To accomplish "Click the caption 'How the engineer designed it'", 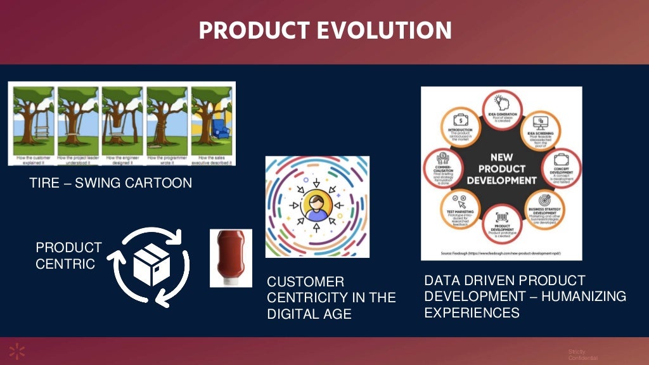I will pos(122,159).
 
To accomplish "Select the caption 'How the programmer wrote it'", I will pos(167,159).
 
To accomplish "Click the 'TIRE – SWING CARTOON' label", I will pos(110,184).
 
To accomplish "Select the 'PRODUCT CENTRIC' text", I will pos(68,255).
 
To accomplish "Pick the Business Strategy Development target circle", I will pos(543,208).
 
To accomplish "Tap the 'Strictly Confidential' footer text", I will pos(582,355).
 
